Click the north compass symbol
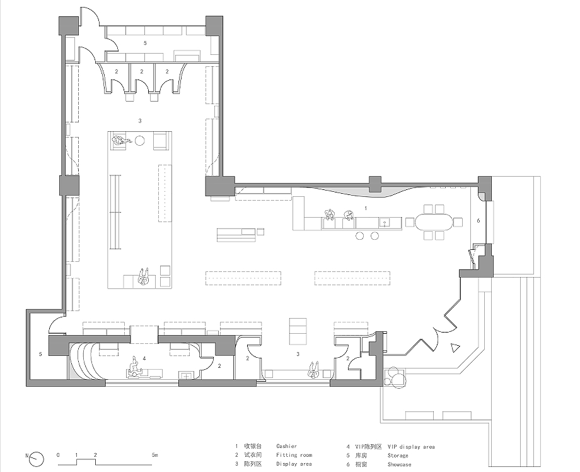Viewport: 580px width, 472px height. click(x=37, y=459)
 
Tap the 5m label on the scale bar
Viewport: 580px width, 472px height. click(x=154, y=455)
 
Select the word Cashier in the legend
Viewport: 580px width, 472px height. click(x=287, y=446)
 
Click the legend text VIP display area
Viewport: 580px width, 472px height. click(x=411, y=447)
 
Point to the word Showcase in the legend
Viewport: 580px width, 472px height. click(x=400, y=464)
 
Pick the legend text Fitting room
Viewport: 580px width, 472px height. click(x=294, y=455)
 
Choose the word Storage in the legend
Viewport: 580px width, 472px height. click(x=398, y=456)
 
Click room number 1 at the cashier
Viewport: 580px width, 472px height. click(x=366, y=208)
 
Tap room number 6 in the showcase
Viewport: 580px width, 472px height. click(x=478, y=221)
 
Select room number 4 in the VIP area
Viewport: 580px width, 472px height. click(x=144, y=358)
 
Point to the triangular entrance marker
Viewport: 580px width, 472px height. click(x=455, y=348)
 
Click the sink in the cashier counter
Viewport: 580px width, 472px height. click(x=385, y=223)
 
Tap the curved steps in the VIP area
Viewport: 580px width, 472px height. click(x=84, y=361)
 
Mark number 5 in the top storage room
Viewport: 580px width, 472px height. click(x=145, y=43)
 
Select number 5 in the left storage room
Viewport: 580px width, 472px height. click(x=40, y=354)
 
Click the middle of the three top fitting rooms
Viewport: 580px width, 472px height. click(x=142, y=78)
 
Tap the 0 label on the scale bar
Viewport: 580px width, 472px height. click(x=58, y=455)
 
